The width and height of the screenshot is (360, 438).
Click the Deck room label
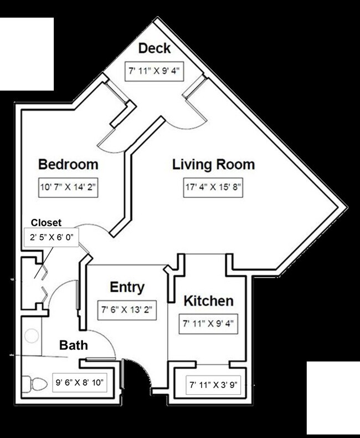pyautogui.click(x=154, y=48)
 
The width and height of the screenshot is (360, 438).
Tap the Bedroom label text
pyautogui.click(x=68, y=165)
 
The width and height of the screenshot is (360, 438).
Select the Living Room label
pyautogui.click(x=213, y=165)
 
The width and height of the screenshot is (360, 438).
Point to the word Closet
pyautogui.click(x=46, y=222)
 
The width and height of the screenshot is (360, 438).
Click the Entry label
pyautogui.click(x=127, y=287)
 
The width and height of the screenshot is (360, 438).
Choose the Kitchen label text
pyautogui.click(x=208, y=301)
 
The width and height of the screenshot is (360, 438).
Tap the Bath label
pyautogui.click(x=74, y=345)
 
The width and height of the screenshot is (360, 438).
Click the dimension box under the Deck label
pyautogui.click(x=154, y=71)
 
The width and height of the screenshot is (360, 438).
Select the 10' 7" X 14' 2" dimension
pyautogui.click(x=68, y=187)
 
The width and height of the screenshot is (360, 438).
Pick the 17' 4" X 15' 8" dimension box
pyautogui.click(x=214, y=187)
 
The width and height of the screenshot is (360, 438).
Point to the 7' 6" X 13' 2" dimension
pyautogui.click(x=127, y=310)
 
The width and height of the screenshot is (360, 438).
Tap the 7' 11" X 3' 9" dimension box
pyautogui.click(x=214, y=384)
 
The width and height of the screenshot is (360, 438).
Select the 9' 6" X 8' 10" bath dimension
pyautogui.click(x=79, y=382)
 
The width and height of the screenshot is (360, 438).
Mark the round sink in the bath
pyautogui.click(x=32, y=336)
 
